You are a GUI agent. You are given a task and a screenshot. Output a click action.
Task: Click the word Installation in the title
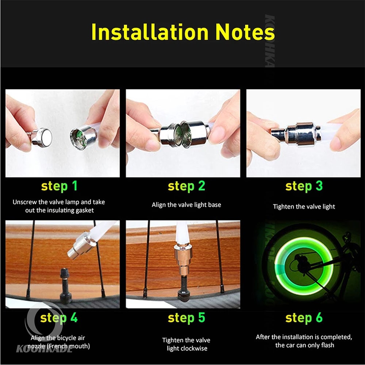tap(150, 32)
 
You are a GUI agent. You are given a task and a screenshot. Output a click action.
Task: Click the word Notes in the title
tap(245, 32)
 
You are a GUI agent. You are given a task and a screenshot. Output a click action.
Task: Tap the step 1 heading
tap(59, 187)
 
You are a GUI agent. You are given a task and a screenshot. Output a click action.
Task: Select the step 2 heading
tap(187, 187)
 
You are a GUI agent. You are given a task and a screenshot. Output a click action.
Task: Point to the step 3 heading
tap(304, 187)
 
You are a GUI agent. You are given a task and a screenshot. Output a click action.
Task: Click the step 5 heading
tap(187, 318)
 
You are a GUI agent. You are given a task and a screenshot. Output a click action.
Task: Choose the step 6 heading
tap(304, 318)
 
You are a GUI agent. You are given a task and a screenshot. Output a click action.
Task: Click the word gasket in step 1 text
tap(83, 211)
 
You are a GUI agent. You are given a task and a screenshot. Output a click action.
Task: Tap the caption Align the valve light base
tap(187, 205)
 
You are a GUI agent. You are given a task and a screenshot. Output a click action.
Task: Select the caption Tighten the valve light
tap(304, 207)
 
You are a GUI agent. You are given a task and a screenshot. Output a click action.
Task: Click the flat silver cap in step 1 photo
tap(42, 138)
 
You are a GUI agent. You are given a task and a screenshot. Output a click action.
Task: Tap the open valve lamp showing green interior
tap(83, 137)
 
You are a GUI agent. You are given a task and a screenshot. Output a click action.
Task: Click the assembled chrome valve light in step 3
tap(296, 134)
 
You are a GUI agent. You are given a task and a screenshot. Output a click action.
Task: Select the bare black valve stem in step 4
tap(65, 286)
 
